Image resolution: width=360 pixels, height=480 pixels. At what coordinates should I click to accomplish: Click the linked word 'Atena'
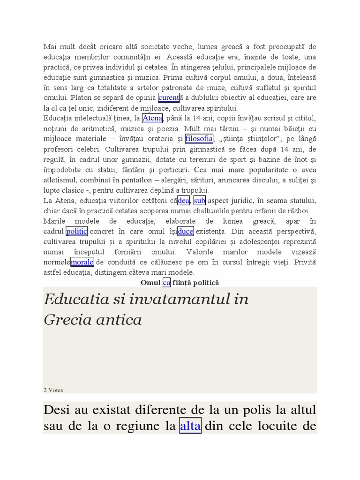[152, 118]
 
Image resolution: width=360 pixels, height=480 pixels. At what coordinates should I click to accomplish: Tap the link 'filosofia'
[199, 139]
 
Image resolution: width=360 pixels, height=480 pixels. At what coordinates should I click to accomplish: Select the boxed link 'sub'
[200, 201]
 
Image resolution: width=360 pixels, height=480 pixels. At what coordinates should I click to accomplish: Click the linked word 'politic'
[77, 232]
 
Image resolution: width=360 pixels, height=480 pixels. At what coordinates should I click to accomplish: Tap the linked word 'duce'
[186, 232]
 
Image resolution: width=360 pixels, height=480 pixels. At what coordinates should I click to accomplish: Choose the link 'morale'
[82, 262]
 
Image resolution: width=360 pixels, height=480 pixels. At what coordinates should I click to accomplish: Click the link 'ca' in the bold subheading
[166, 283]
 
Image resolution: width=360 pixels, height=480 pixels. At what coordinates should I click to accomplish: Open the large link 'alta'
[190, 427]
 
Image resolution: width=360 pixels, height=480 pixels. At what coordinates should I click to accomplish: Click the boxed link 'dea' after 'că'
[184, 201]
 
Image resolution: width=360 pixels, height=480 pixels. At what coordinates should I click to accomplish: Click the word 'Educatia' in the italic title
[75, 299]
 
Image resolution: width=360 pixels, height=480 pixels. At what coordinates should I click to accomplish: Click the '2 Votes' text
[53, 390]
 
